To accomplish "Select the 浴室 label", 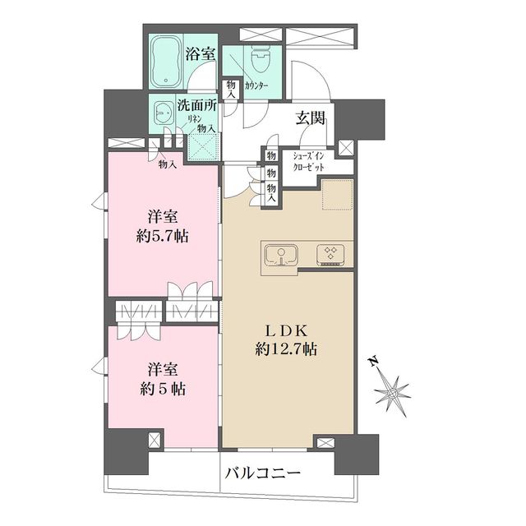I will pyautogui.click(x=201, y=54).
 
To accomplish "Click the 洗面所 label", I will pyautogui.click(x=197, y=107).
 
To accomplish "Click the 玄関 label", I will pyautogui.click(x=311, y=118).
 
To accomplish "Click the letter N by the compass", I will pyautogui.click(x=372, y=362).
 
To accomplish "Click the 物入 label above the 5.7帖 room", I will pyautogui.click(x=168, y=164).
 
